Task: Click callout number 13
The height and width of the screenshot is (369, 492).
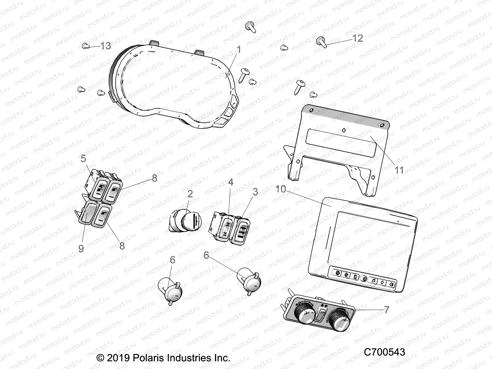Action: coord(105,46)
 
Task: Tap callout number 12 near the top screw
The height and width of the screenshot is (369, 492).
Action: coord(358,38)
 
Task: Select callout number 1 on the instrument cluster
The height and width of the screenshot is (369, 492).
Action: coord(239,50)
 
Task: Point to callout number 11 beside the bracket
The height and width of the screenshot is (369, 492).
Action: coord(399,170)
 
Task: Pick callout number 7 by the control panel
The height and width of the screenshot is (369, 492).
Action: coord(387,310)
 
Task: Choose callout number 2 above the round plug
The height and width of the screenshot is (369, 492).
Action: coord(190,194)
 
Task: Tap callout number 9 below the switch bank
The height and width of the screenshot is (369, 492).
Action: coord(81,248)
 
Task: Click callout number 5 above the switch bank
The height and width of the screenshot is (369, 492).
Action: coord(83,159)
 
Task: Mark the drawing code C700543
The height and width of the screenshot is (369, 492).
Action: coord(384,352)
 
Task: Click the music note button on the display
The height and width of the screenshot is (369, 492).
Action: coord(373,280)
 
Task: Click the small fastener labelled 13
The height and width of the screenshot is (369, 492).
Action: coord(85,46)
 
